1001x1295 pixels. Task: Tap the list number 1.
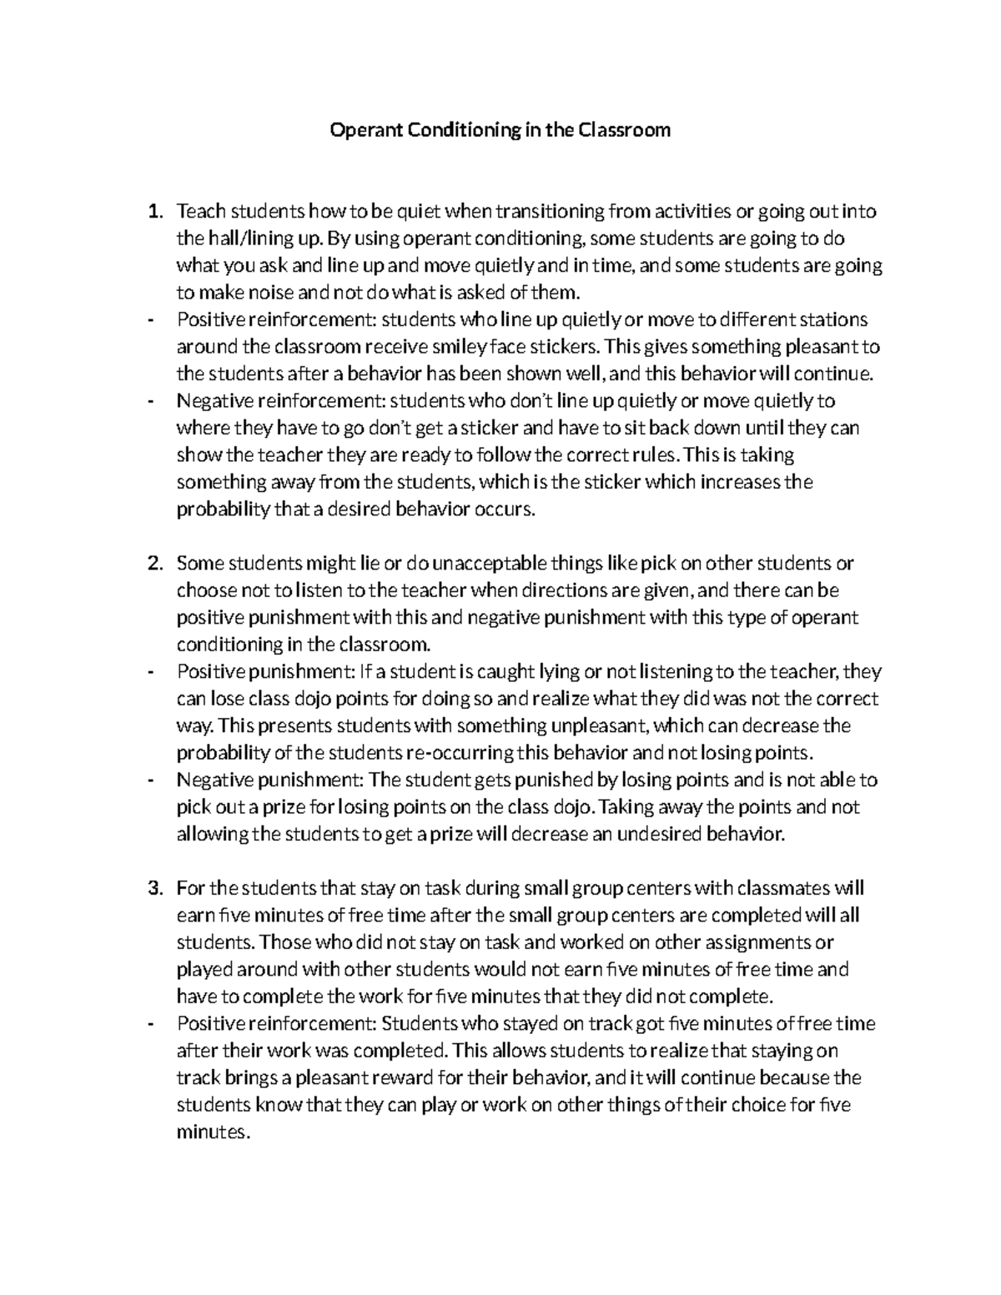pyautogui.click(x=153, y=212)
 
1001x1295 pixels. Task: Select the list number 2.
pyautogui.click(x=153, y=564)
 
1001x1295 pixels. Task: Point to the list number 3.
pyautogui.click(x=153, y=889)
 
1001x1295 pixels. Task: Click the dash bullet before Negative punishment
pyautogui.click(x=150, y=781)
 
